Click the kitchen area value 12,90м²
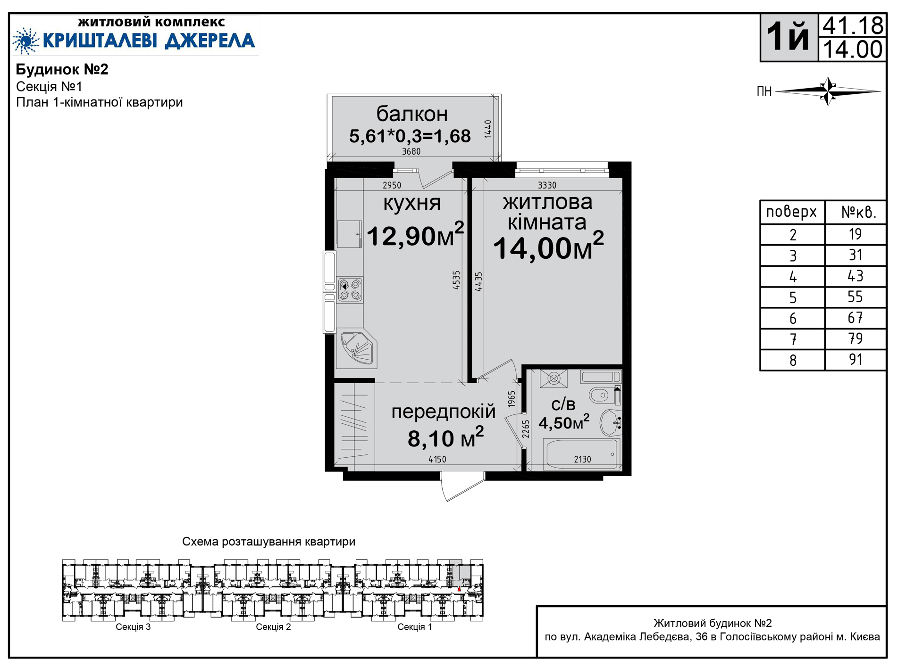tap(415, 234)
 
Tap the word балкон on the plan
tap(412, 114)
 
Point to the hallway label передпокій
tap(444, 412)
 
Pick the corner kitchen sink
tap(356, 349)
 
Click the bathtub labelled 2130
tap(581, 454)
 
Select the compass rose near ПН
tap(828, 91)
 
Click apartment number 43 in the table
tap(855, 276)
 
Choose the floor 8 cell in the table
tap(793, 360)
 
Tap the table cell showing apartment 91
tap(856, 360)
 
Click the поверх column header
tap(791, 212)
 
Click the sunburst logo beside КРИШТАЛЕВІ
tap(26, 41)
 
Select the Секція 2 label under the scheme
tap(273, 627)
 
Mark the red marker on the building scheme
tap(459, 589)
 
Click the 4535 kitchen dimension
tap(456, 280)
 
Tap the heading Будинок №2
tap(62, 69)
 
